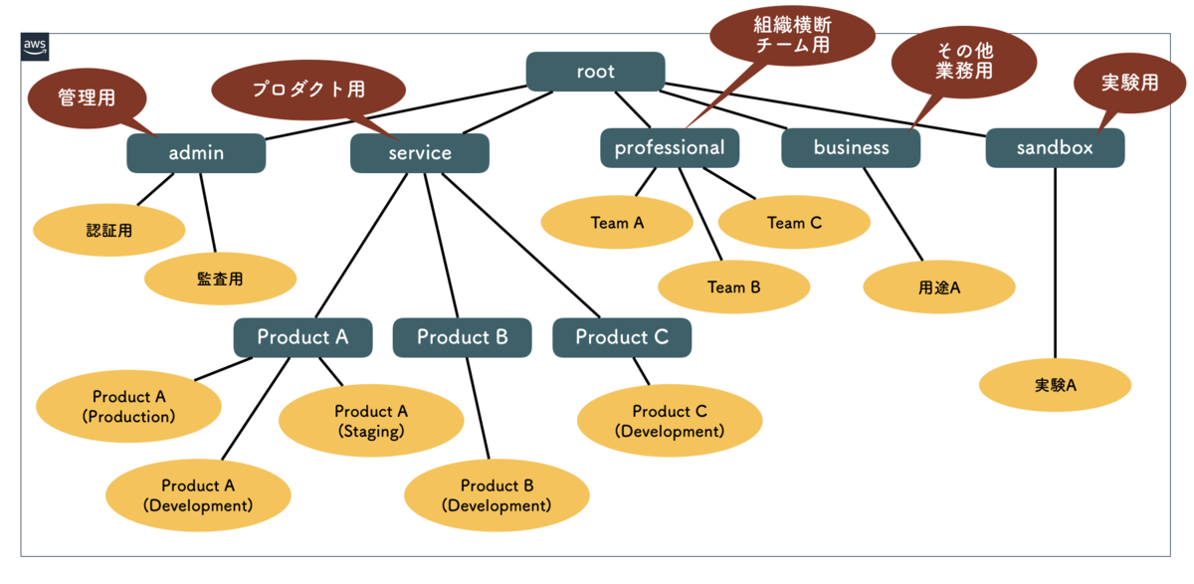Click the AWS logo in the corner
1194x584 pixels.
click(x=35, y=47)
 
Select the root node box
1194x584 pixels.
click(x=595, y=72)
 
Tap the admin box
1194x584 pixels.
click(x=196, y=153)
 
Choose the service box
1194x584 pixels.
click(x=420, y=153)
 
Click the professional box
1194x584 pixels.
click(x=670, y=147)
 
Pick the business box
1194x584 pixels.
click(x=851, y=147)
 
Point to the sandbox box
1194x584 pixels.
click(x=1056, y=147)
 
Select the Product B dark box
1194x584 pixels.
click(x=462, y=337)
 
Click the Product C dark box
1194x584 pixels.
click(x=622, y=337)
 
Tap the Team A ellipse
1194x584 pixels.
click(x=617, y=222)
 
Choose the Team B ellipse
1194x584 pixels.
click(x=734, y=287)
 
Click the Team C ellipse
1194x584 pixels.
click(x=794, y=222)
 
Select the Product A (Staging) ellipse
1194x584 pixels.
click(x=371, y=421)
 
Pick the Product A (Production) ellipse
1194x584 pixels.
click(x=128, y=406)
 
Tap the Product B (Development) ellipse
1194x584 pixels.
click(x=497, y=495)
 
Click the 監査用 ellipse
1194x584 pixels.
click(x=220, y=279)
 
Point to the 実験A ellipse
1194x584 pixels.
click(x=1055, y=385)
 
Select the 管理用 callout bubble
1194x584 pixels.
click(x=88, y=99)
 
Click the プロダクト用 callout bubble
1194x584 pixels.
click(x=308, y=91)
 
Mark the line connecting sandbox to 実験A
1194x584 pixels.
click(x=1056, y=264)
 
